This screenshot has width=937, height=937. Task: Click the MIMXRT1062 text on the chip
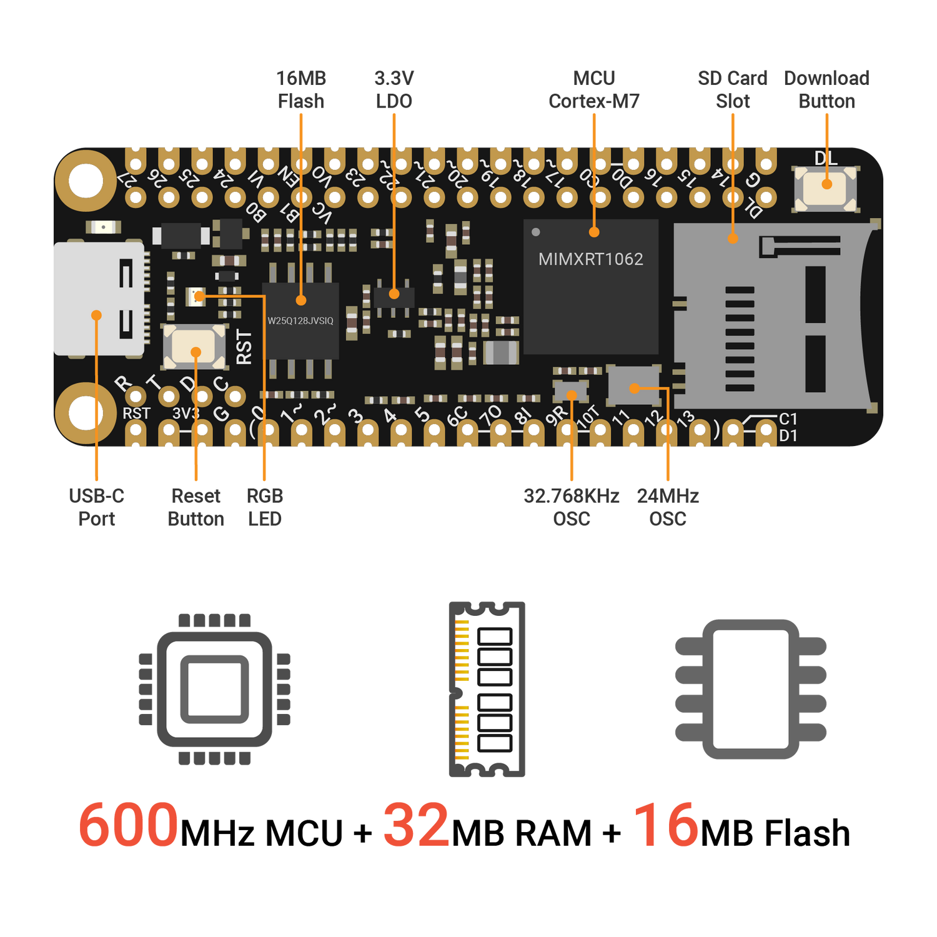[x=590, y=259]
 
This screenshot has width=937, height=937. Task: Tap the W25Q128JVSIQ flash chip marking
[x=300, y=321]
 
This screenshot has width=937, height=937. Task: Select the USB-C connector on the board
[x=100, y=299]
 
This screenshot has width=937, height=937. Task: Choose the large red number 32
[x=416, y=825]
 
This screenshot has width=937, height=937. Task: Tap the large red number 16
[x=666, y=825]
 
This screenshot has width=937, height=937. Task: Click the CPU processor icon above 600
[x=214, y=689]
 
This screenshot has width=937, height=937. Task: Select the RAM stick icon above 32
[x=487, y=690]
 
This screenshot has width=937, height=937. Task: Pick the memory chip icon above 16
[x=750, y=689]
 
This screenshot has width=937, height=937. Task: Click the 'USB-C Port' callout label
[x=97, y=507]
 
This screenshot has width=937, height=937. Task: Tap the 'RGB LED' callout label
[x=265, y=507]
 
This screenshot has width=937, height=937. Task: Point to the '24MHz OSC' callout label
[x=668, y=507]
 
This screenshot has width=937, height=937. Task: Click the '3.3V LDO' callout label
[x=394, y=89]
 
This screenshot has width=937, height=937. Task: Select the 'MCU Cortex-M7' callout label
[x=594, y=89]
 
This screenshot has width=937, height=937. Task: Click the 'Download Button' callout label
[x=826, y=89]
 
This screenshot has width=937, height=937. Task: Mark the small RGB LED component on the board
[x=198, y=296]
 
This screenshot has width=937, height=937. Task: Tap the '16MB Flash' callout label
[x=301, y=89]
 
